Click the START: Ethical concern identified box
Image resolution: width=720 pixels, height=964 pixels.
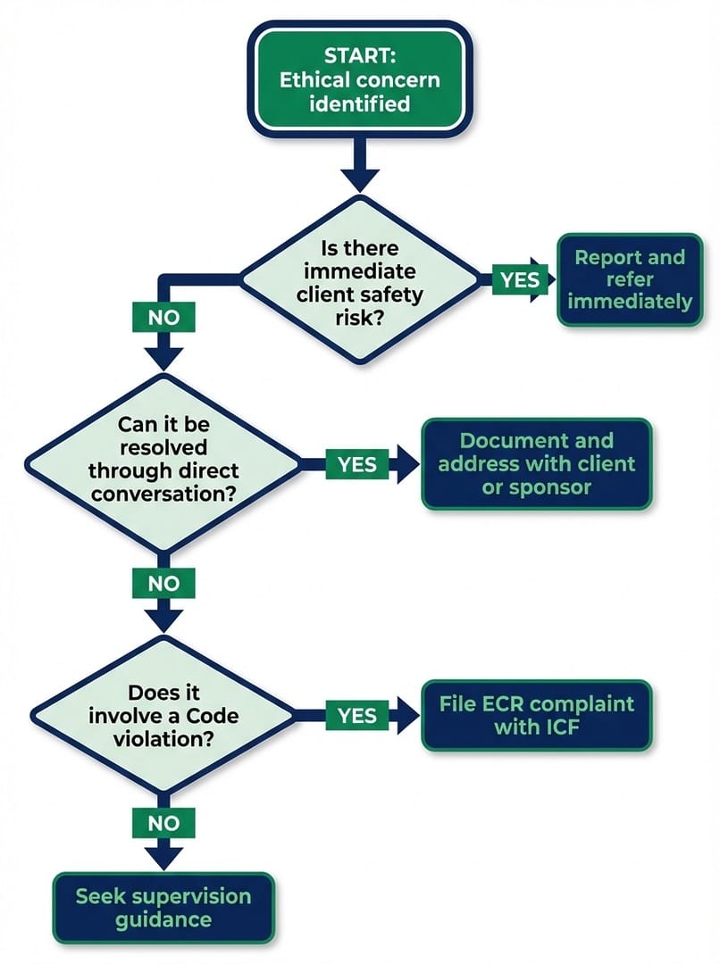(x=358, y=79)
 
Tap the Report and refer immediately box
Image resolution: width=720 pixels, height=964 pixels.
(x=629, y=279)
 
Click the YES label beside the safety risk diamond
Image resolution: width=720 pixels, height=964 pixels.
(x=519, y=279)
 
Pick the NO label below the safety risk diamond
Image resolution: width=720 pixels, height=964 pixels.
(x=163, y=316)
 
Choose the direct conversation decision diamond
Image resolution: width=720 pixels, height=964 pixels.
(x=163, y=464)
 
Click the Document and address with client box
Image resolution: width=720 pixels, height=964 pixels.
(x=536, y=464)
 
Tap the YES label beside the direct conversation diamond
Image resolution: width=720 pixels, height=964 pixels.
(x=356, y=464)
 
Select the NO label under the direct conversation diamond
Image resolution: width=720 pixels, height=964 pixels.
(x=163, y=584)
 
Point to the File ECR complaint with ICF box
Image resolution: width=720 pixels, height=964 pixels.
(x=536, y=715)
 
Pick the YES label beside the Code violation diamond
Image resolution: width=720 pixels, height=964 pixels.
(x=356, y=715)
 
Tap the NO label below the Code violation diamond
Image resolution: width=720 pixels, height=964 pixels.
(x=163, y=823)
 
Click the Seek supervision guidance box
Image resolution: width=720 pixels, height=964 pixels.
(x=163, y=908)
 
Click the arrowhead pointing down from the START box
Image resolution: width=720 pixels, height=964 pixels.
(x=360, y=175)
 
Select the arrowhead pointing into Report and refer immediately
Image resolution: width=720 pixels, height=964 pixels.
(x=547, y=279)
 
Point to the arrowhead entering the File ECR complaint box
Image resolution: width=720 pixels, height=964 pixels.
(x=408, y=715)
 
